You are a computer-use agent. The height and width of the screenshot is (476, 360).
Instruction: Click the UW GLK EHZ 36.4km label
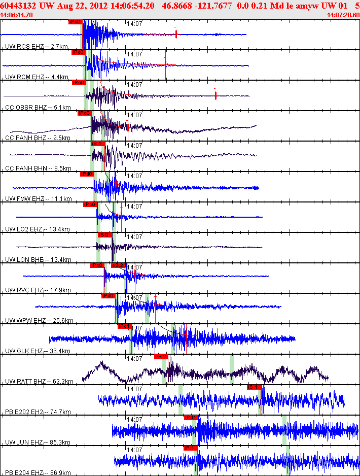[x=38, y=351]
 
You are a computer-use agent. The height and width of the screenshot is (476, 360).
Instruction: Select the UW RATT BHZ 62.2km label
[x=39, y=382]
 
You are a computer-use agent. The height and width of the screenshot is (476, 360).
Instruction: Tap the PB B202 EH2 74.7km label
[x=38, y=412]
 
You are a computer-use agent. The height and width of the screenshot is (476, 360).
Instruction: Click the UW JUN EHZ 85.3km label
[x=38, y=443]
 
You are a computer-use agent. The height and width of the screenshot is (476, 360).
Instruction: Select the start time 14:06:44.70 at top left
[x=17, y=15]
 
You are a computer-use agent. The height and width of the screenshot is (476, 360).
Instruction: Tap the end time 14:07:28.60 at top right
[x=343, y=15]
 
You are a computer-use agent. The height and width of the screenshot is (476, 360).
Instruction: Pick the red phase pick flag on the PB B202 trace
[x=254, y=387]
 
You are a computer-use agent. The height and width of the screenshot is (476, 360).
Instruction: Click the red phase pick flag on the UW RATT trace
[x=161, y=357]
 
